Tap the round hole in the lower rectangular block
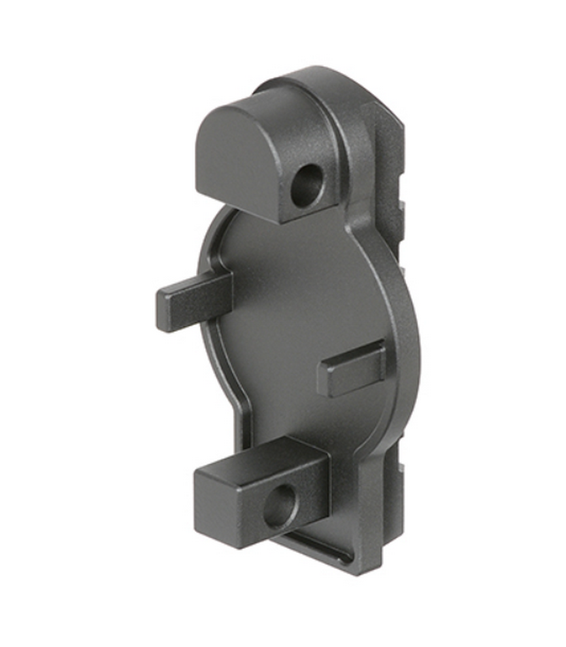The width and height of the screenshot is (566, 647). (x=279, y=506)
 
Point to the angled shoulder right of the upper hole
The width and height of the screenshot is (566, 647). (x=347, y=205)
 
